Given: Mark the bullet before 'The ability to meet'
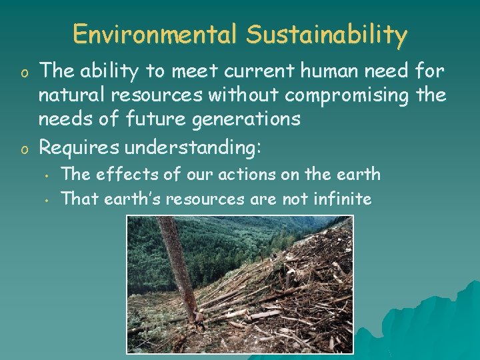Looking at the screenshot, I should point(22,70).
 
